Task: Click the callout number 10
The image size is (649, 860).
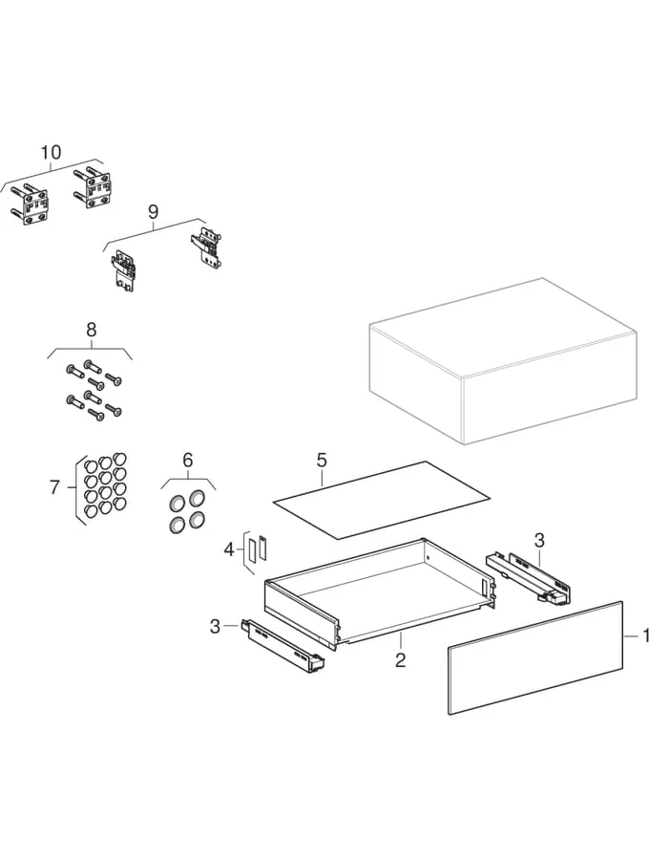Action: (51, 152)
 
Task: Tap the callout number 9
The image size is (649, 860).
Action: (154, 211)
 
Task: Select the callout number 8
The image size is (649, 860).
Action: (92, 330)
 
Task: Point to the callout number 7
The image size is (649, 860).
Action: (54, 487)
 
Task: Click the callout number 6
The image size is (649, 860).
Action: (188, 460)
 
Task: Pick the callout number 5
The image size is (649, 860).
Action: (322, 460)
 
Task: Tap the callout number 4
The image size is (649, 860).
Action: (229, 548)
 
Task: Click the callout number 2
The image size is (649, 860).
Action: (400, 659)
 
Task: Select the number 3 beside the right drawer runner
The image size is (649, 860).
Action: (539, 540)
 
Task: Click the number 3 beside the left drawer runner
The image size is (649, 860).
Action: (216, 626)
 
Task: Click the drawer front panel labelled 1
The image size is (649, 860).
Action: (535, 657)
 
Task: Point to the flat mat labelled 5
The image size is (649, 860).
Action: (382, 499)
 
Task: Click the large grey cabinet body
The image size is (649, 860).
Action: (503, 361)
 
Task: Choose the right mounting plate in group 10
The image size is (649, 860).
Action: (93, 186)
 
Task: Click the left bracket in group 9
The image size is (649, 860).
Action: (124, 270)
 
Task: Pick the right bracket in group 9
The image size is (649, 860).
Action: (206, 248)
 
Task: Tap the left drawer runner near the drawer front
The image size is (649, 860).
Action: (283, 645)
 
